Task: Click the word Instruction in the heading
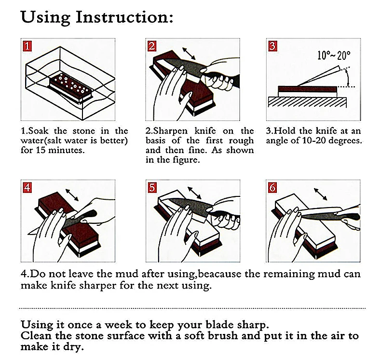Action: pyautogui.click(x=124, y=17)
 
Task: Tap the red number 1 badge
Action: pyautogui.click(x=27, y=46)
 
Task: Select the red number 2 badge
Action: pyautogui.click(x=152, y=46)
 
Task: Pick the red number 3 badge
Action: pyautogui.click(x=272, y=46)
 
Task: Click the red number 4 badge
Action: pyautogui.click(x=27, y=187)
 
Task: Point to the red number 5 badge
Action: pyautogui.click(x=152, y=187)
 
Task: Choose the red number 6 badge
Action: pyautogui.click(x=272, y=187)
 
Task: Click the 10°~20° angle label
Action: pyautogui.click(x=334, y=55)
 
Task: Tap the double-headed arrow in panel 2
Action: pyautogui.click(x=189, y=54)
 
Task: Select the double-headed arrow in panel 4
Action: pyautogui.click(x=72, y=195)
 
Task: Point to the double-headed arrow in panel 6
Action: pyautogui.click(x=321, y=194)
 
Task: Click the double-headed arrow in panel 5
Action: pyautogui.click(x=194, y=193)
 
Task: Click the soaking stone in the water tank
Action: pyautogui.click(x=71, y=88)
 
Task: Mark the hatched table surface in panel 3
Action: pyautogui.click(x=307, y=102)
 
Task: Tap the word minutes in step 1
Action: pyautogui.click(x=67, y=150)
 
